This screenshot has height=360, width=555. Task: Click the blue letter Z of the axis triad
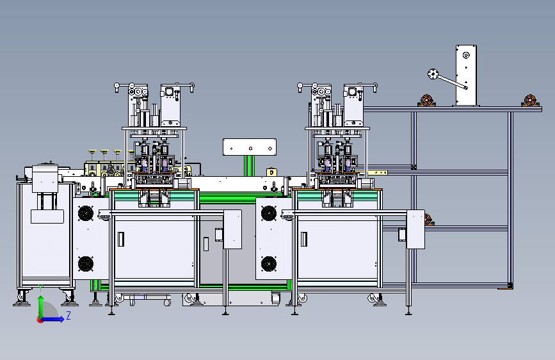(x=68, y=315)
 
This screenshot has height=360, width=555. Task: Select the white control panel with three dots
(x=250, y=147)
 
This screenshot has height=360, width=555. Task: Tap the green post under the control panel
(x=249, y=166)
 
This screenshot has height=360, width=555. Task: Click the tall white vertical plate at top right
(x=466, y=76)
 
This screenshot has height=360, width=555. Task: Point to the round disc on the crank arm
(x=433, y=74)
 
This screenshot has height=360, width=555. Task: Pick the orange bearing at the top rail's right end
(x=530, y=101)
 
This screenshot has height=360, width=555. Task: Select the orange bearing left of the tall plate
(x=426, y=101)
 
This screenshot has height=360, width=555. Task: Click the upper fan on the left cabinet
(x=86, y=213)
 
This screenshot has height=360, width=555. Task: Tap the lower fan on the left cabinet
(x=86, y=264)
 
